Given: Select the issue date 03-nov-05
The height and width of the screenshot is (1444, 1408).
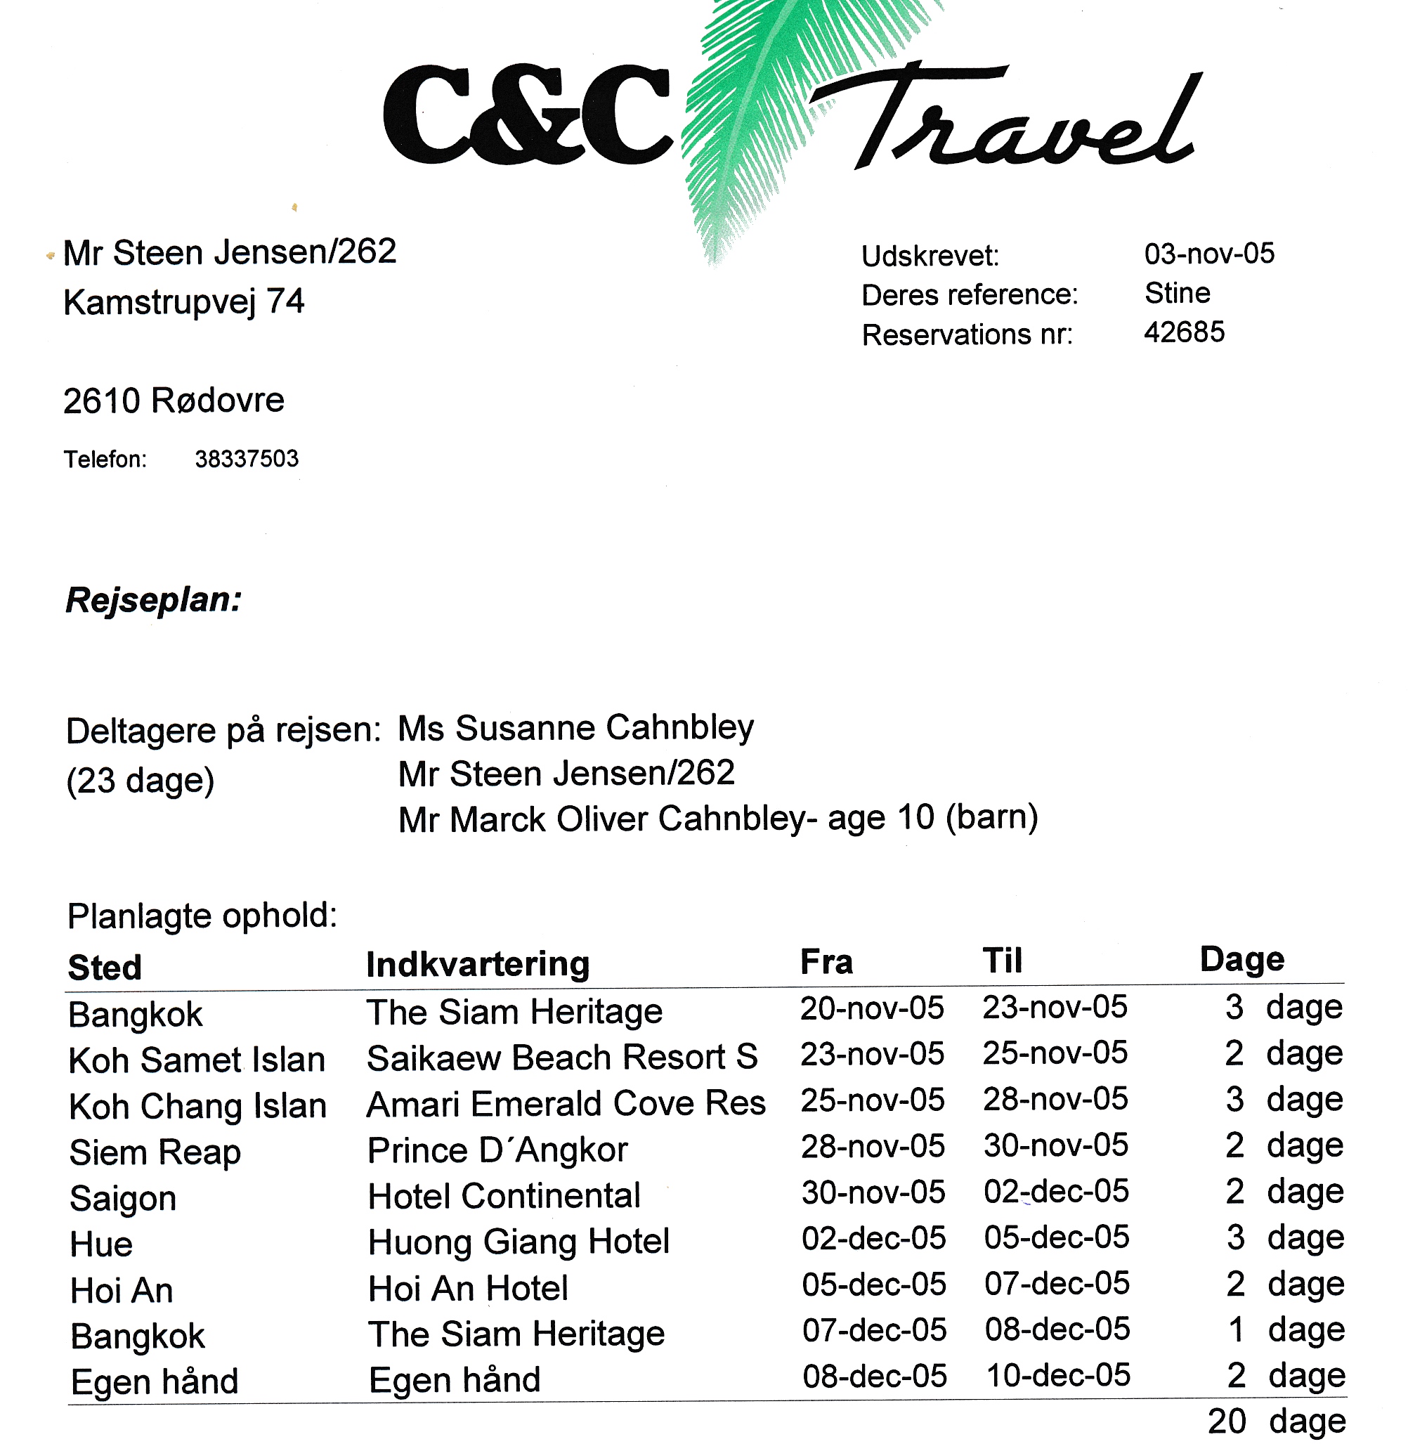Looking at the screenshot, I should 1209,254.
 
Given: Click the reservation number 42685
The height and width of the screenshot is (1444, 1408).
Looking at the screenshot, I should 1184,332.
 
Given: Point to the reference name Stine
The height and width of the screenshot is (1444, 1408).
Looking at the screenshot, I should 1178,294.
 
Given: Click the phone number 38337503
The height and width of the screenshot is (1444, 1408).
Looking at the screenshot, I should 246,459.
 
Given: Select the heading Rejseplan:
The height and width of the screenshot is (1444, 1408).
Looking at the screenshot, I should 154,599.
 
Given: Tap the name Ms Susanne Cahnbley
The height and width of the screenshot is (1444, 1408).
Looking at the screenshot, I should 575,728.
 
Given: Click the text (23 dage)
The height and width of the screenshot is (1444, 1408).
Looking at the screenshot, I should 141,781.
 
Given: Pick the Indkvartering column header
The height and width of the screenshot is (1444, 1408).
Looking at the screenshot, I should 478,964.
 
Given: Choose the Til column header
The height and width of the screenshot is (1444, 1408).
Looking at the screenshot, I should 1002,961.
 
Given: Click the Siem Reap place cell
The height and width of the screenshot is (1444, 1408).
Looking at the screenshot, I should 155,1152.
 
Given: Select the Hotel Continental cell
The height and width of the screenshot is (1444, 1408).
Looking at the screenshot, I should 504,1196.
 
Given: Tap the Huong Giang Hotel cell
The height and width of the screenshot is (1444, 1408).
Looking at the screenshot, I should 519,1242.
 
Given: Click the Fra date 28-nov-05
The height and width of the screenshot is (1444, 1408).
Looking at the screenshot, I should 873,1147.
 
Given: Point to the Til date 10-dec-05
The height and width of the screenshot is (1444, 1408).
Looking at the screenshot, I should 1058,1376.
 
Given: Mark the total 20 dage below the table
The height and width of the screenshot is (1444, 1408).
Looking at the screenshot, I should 1277,1422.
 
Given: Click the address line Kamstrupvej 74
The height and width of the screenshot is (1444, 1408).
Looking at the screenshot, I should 183,302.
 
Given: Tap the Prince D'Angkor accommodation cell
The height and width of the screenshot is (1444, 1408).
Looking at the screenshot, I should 497,1150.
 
